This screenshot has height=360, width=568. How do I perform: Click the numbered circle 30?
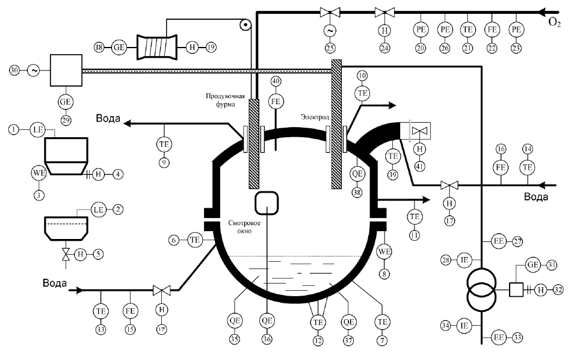point(14,70)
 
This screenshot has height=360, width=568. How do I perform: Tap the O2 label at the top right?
point(554,22)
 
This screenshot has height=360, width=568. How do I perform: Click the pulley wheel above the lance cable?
point(245,25)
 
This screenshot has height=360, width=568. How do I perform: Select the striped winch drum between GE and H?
point(158,47)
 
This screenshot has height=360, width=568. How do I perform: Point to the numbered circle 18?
point(99,47)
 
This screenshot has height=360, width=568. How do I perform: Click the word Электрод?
point(315,117)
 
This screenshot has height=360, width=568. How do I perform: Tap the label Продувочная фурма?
point(225,100)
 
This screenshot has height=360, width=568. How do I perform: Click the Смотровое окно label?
point(239,227)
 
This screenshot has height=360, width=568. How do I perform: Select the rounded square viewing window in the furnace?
point(267,203)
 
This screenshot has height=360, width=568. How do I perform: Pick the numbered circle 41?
point(419,166)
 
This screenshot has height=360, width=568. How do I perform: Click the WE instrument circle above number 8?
point(384,251)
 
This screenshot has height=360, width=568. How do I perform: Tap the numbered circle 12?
point(318,341)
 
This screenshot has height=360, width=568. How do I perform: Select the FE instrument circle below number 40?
point(276,102)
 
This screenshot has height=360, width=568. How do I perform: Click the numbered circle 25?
point(330,48)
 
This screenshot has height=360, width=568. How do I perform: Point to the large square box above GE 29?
point(66,70)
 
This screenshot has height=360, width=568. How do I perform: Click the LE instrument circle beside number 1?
point(38,129)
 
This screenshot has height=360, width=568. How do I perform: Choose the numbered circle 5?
point(98,254)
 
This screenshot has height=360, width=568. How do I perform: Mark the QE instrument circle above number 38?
point(357,173)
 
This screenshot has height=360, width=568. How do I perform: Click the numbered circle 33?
point(517,338)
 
